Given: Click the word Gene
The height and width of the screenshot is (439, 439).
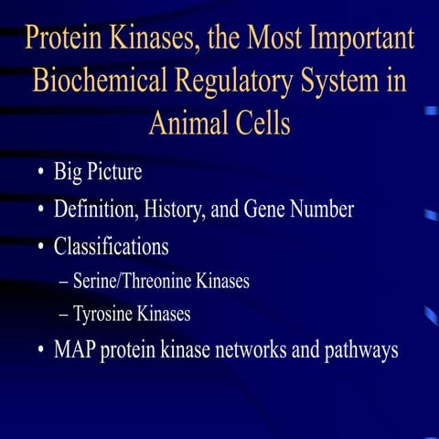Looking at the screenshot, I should (265, 209).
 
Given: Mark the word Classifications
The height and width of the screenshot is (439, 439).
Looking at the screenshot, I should (111, 246).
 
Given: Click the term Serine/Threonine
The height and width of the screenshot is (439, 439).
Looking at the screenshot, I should (136, 281).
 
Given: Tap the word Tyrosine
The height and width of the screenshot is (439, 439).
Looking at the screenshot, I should (106, 315).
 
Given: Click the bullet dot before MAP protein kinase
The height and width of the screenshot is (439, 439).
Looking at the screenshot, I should (43, 351).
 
